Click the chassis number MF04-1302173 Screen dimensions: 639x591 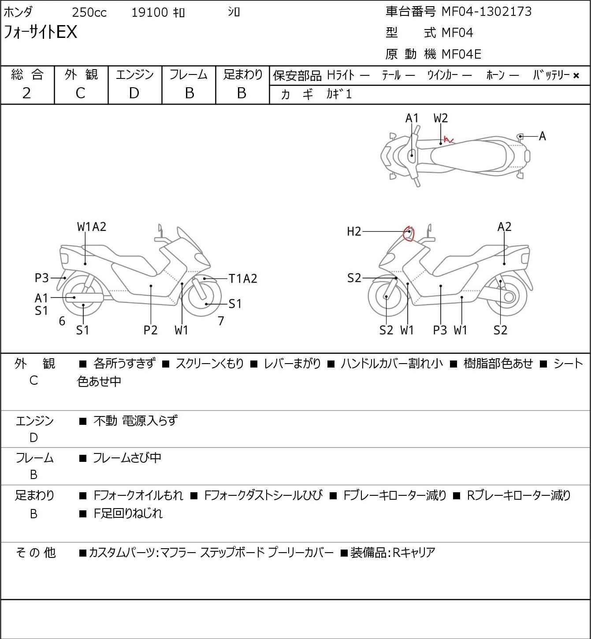(487, 11)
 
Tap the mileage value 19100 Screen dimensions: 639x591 (149, 13)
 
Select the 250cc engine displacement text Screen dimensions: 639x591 (89, 13)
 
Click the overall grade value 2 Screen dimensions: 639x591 (26, 93)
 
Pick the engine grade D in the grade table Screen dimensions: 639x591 (134, 93)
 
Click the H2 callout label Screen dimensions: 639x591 (354, 231)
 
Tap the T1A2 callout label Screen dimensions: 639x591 (242, 279)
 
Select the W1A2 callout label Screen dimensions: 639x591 (92, 227)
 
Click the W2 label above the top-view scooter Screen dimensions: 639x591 (440, 118)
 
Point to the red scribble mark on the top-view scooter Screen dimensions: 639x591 (449, 140)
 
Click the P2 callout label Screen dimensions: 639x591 (150, 330)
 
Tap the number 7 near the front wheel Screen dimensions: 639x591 (221, 321)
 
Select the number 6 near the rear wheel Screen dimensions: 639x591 (62, 321)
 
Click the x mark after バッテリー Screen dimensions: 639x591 (576, 76)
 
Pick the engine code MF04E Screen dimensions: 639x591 (461, 54)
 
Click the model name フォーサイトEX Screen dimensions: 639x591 (41, 32)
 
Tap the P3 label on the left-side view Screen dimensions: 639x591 (41, 278)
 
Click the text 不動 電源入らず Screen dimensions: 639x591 (135, 421)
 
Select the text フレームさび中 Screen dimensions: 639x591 (127, 458)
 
